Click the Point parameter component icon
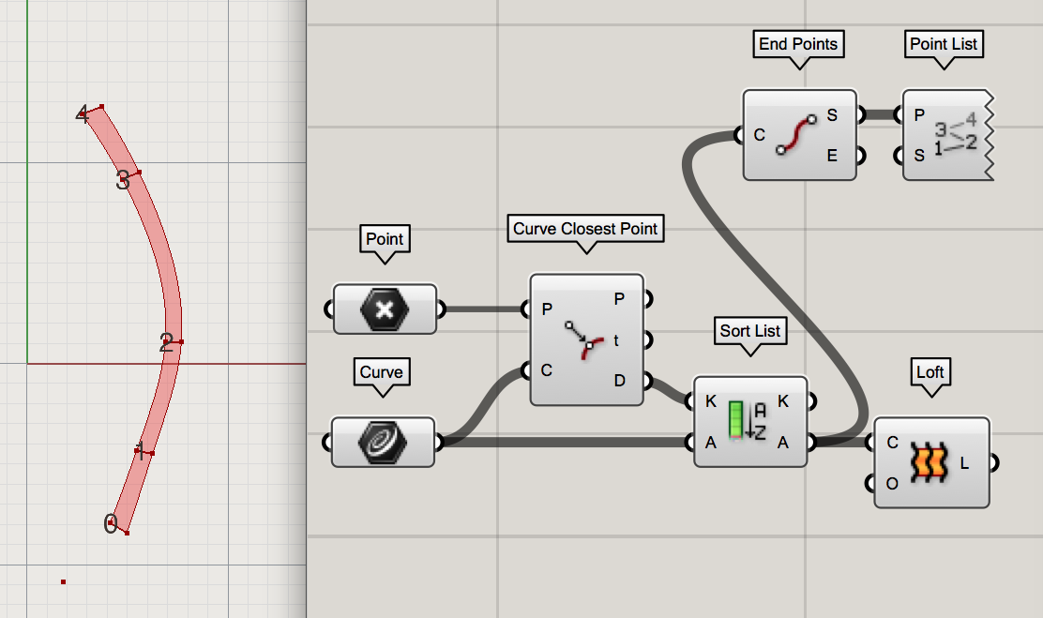point(385,309)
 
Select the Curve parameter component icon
point(383,442)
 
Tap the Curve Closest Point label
point(586,229)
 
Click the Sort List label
point(749,330)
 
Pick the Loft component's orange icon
point(931,461)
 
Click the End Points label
point(797,43)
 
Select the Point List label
point(944,43)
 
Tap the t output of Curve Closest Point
point(616,340)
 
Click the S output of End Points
point(832,115)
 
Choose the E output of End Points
point(832,156)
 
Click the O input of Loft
point(892,484)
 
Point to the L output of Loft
point(965,461)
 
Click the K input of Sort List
point(711,401)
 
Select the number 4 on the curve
point(83,115)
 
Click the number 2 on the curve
point(166,343)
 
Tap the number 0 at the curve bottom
point(110,524)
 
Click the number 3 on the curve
point(123,180)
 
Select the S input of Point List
point(919,155)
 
